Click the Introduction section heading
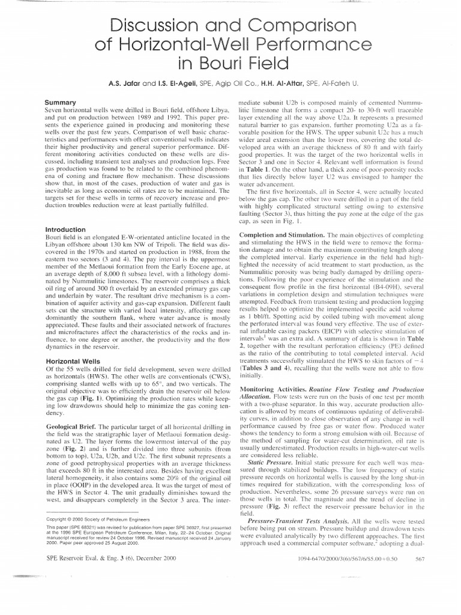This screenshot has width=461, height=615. click(67, 229)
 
